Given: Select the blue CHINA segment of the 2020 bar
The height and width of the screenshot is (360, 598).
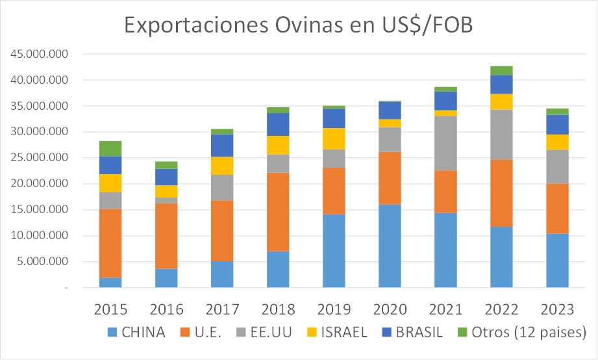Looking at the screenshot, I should coord(390,246).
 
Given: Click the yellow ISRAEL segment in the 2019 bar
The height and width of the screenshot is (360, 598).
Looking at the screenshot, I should coord(334,138).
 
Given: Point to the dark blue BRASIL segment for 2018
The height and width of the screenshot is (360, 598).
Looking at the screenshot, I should coord(278,124).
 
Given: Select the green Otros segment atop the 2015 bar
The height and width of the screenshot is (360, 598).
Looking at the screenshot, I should coord(110,148).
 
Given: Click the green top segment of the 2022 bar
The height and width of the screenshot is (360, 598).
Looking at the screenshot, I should coord(501,70).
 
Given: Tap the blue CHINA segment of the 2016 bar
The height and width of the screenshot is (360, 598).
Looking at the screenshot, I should coord(166,277).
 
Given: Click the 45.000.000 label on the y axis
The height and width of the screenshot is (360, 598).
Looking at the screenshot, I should coord(40,55).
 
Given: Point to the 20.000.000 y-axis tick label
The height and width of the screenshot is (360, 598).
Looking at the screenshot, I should coord(40,184).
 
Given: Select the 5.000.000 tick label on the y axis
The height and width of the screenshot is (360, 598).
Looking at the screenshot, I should coord(42,262).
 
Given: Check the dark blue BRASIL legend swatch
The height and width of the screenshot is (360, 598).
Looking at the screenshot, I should coord(382,333).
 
